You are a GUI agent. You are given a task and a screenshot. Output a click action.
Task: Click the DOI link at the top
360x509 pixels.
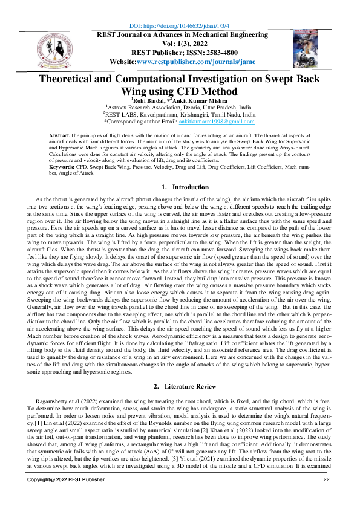point(180,27)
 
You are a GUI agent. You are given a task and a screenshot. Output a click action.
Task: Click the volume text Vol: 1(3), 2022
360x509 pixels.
point(180,44)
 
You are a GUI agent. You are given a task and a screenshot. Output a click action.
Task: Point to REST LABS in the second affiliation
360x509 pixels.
point(123,113)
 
